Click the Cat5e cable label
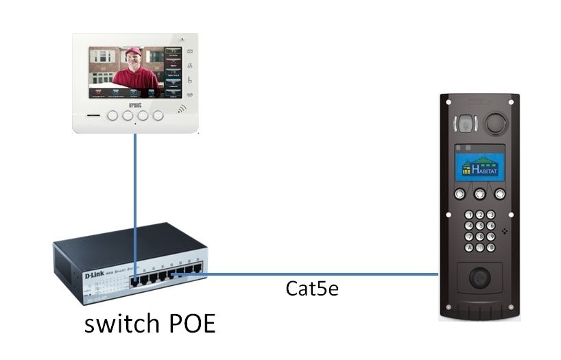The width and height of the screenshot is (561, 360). click(x=312, y=289)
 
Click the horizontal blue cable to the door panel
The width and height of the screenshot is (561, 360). click(x=322, y=274)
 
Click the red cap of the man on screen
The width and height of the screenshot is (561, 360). click(x=134, y=52)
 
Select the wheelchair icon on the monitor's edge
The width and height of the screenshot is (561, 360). click(x=189, y=80)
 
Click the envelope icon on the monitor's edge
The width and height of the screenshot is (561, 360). click(x=189, y=52)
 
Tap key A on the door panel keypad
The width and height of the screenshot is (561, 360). click(x=470, y=247)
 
